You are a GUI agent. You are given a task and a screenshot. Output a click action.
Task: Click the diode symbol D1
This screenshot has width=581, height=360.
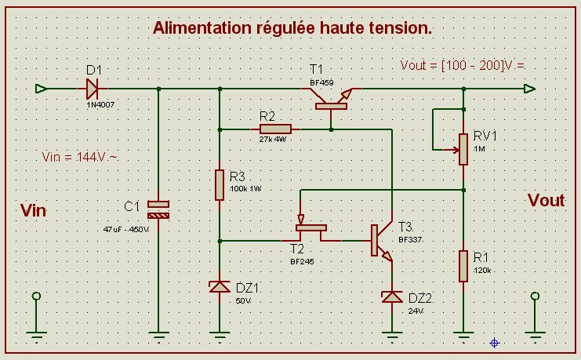(93, 89)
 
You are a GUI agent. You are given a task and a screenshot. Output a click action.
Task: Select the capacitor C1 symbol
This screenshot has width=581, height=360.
(159, 209)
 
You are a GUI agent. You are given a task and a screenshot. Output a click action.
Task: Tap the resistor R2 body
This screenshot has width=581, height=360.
(275, 129)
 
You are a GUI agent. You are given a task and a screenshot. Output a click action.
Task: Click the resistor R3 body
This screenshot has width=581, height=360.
(220, 184)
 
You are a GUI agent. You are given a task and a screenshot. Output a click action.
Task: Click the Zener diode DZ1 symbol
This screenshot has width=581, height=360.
(220, 287)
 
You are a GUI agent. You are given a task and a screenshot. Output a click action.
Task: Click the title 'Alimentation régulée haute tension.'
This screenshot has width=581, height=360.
(292, 28)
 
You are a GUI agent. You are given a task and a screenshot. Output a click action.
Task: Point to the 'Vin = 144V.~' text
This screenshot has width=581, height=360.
(80, 157)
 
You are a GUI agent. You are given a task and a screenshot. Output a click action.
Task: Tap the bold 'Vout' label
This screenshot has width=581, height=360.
(546, 200)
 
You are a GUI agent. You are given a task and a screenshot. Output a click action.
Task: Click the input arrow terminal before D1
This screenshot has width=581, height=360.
(42, 89)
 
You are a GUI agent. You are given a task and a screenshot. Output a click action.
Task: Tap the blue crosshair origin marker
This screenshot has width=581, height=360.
(495, 342)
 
